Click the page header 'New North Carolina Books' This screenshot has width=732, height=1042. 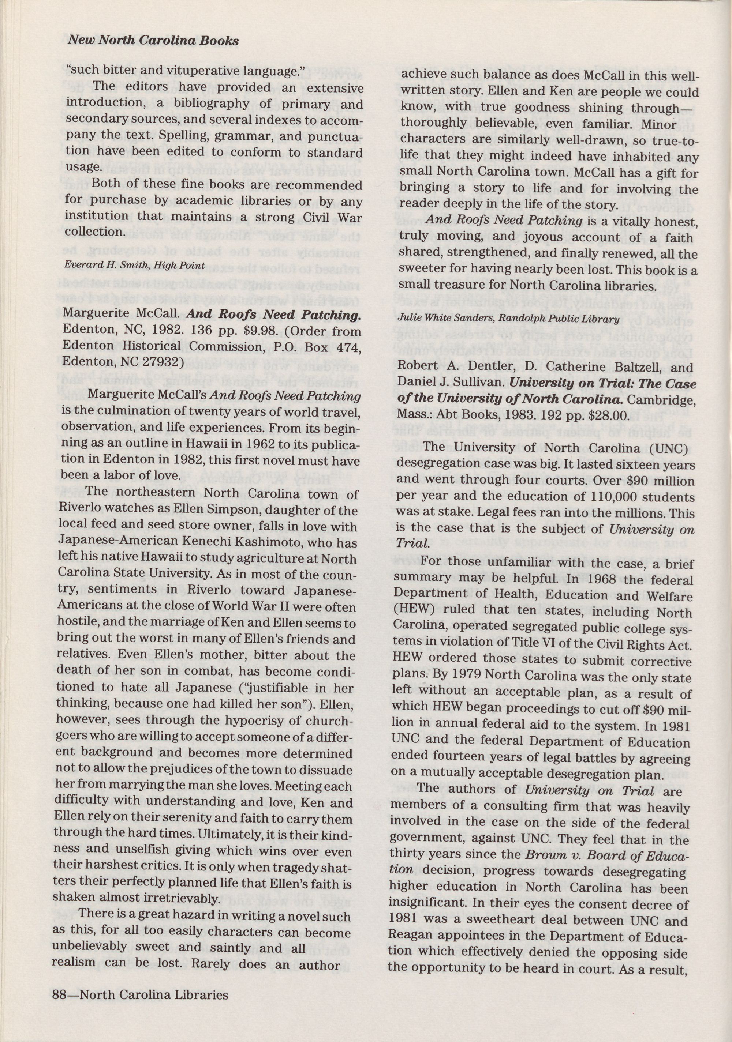click(x=153, y=41)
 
